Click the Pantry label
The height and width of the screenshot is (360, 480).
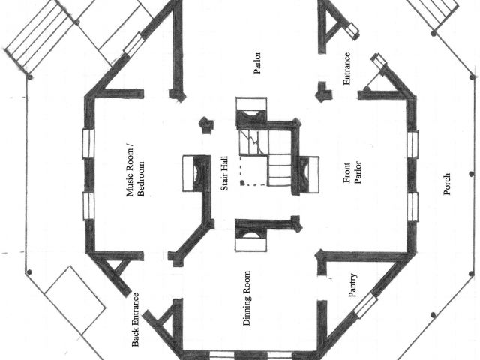coord(352,285)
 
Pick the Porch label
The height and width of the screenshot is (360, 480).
coord(447,184)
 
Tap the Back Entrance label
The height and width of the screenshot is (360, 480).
coord(136,319)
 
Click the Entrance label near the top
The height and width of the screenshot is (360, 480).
coord(347,68)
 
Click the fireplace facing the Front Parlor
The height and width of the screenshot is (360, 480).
coord(307,172)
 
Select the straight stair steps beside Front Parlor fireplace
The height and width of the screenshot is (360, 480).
coord(280,169)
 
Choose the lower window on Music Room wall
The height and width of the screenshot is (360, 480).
coord(87,205)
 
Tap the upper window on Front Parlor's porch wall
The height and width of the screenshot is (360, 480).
coord(413,144)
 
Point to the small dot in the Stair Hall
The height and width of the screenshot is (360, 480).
coord(241,182)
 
